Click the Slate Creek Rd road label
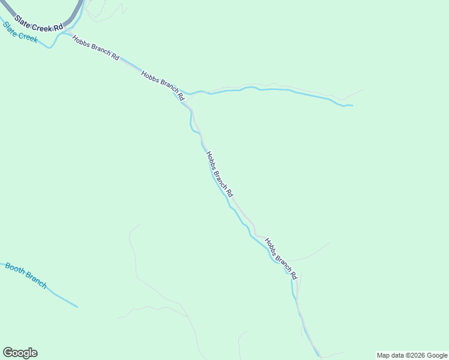coord(39,23)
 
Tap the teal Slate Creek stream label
coord(20,32)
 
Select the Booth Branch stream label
coord(26,275)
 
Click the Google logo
coord(20,353)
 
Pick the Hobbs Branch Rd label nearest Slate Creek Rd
coord(95,47)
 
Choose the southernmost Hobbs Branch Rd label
coord(281,259)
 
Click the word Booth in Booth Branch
coord(15,268)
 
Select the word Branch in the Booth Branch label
coord(35,280)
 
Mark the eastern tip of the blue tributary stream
coord(352,106)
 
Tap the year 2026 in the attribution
coord(417,355)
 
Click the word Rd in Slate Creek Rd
coord(58,28)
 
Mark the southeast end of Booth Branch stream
coord(77,307)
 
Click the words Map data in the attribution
coord(390,355)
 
